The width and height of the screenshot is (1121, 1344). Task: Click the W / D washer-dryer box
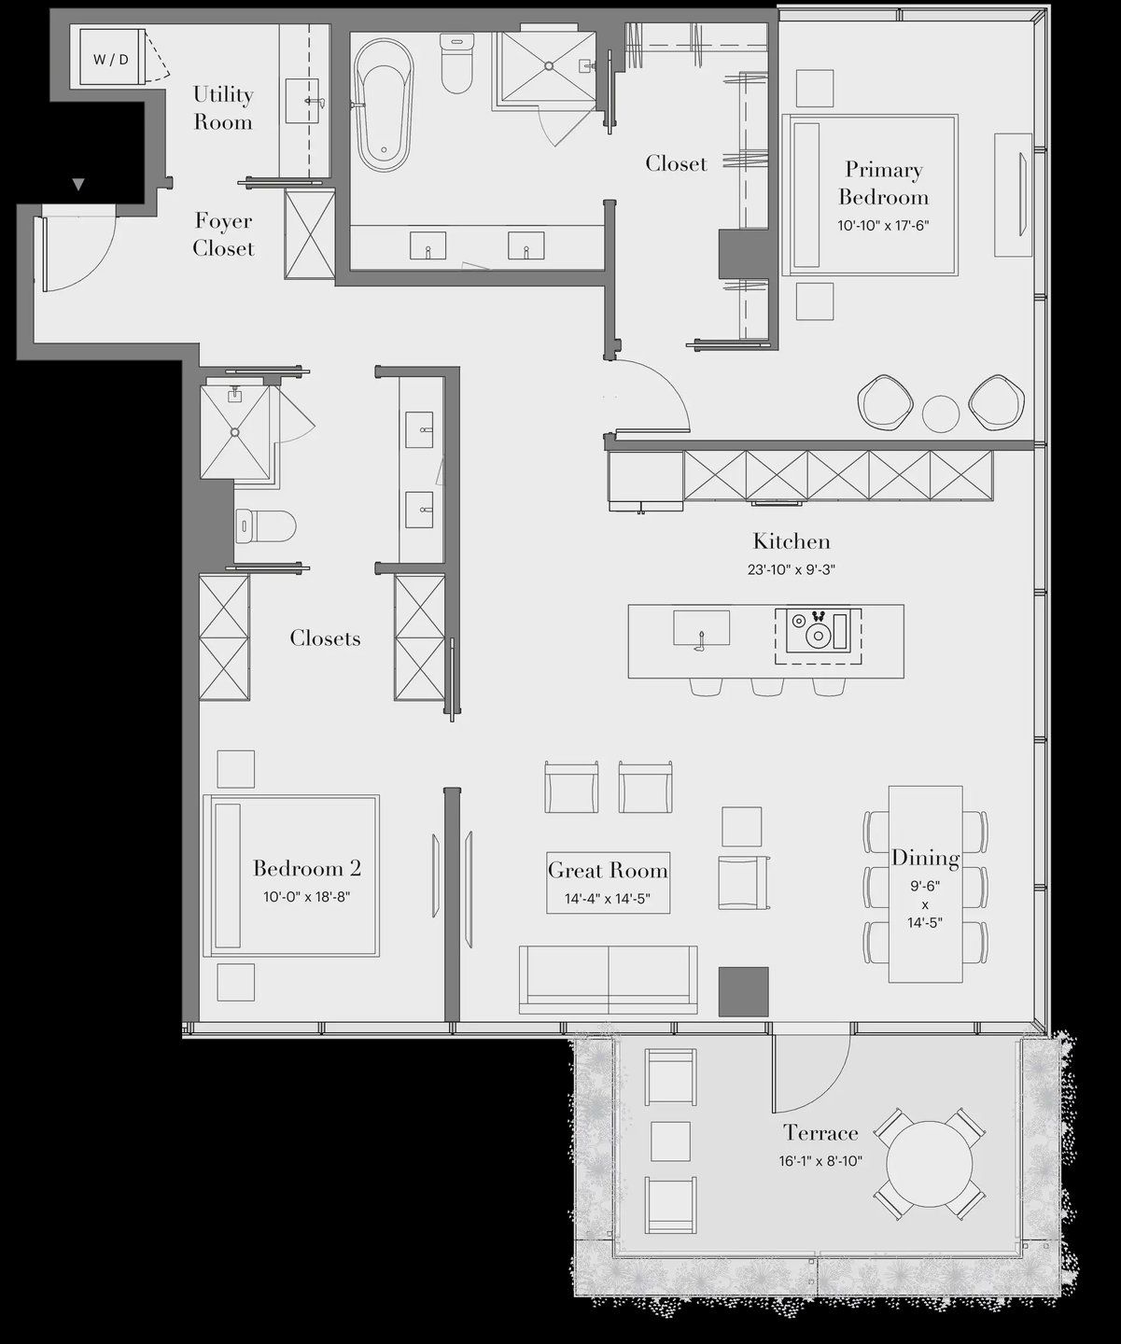point(110,60)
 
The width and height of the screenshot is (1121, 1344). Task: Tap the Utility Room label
point(223,108)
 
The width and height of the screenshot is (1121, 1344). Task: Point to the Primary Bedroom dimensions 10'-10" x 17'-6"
point(883,226)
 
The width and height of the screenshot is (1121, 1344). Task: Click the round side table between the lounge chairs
point(940,413)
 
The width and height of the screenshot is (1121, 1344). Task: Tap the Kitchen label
point(791,541)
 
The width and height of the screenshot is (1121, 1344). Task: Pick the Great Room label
point(608,871)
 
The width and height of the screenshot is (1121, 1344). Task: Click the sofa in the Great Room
point(609,980)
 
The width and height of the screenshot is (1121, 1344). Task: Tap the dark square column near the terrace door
point(743,991)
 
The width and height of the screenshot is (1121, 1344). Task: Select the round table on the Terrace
point(928,1164)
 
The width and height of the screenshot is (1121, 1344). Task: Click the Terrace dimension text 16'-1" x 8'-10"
point(820,1161)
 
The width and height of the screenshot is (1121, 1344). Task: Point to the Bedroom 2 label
point(306,869)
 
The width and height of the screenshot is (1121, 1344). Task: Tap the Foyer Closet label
point(224,235)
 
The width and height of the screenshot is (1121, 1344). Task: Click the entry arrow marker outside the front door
point(78,185)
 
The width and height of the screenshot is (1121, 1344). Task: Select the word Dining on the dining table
point(925,858)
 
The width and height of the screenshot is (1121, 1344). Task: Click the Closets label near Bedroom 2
point(325,638)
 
